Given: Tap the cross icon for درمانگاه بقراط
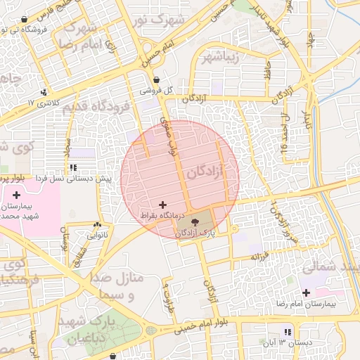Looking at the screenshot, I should coord(164,204).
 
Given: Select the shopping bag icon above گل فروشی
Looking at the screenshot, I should coord(155,79).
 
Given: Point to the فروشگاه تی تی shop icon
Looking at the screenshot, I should coord(25,20).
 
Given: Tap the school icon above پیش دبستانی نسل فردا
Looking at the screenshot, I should coord(73,168).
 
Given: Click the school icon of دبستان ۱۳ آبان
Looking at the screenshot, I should coord(287,331).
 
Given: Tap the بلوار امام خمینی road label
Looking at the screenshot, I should coord(204,326).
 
